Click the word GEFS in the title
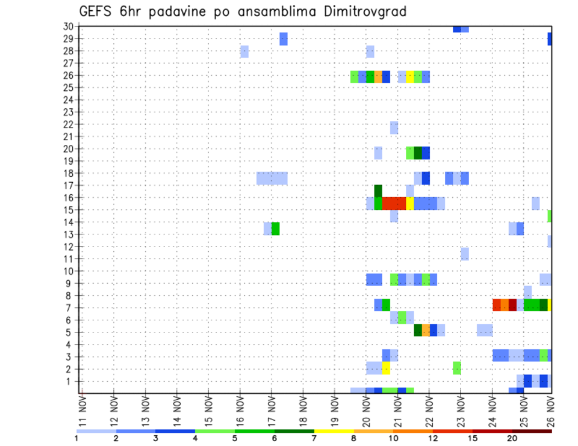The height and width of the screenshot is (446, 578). [x=97, y=11]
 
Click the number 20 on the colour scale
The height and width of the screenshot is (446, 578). [x=512, y=438]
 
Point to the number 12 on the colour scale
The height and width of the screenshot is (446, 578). [x=433, y=438]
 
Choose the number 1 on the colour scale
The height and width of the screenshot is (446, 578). [x=76, y=438]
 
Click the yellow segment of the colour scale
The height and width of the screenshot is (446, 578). [x=334, y=430]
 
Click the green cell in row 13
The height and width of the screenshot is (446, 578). [x=276, y=229]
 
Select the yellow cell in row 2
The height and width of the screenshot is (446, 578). [x=386, y=367]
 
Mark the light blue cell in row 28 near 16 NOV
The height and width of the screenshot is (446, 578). [x=244, y=52]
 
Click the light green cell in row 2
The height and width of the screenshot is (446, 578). [x=456, y=367]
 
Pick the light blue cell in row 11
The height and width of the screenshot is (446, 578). [x=464, y=254]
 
